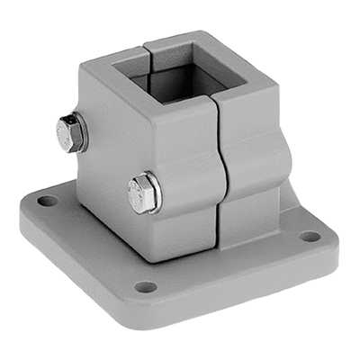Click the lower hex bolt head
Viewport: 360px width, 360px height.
point(142,193)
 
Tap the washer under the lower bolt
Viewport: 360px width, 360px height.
point(156,193)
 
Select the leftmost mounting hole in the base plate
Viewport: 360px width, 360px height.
point(49,201)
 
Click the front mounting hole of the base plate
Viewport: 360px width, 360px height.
point(145,287)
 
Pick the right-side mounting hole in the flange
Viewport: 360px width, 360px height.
point(309,237)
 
